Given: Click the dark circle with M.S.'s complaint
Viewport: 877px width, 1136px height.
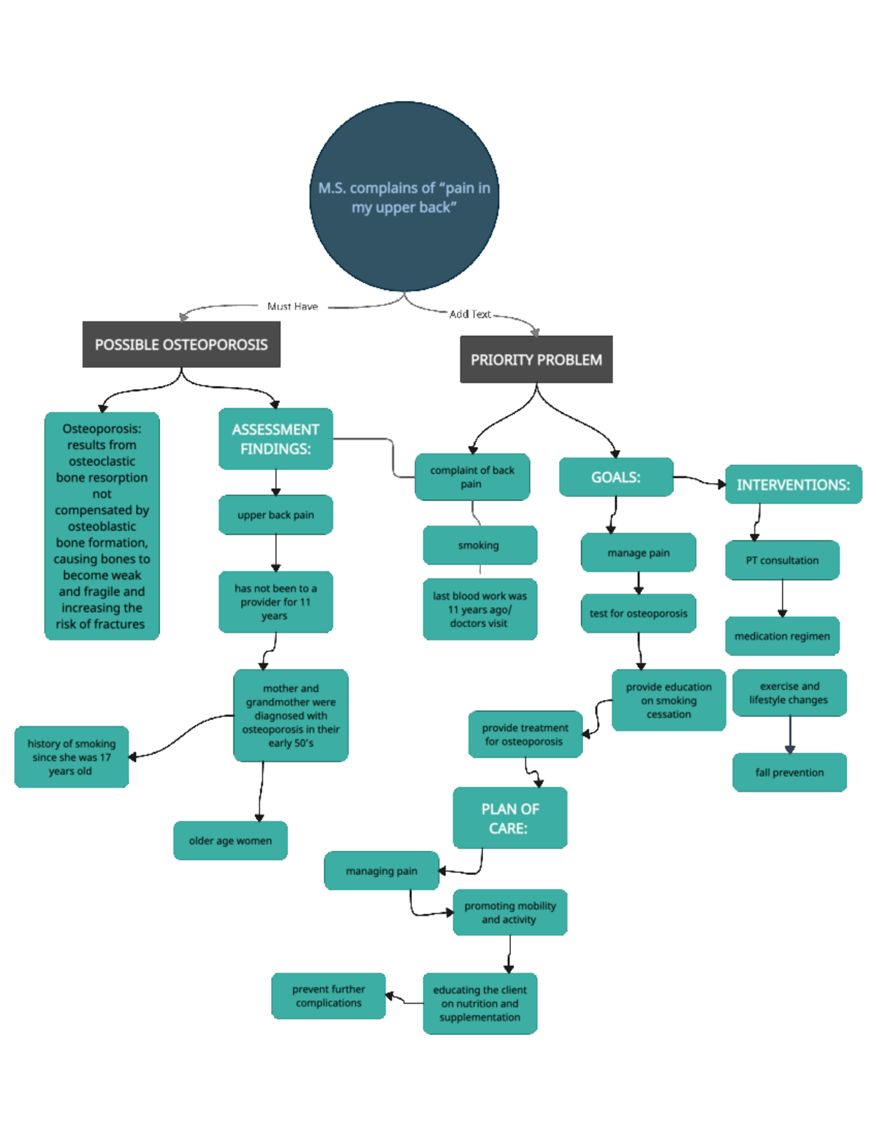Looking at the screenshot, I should coord(404,197).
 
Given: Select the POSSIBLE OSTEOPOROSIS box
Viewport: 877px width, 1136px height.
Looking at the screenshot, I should coord(181,345).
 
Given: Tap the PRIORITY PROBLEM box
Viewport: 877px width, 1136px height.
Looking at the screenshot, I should coord(536,359).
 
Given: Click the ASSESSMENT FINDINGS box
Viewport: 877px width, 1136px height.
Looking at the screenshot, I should coord(276,439).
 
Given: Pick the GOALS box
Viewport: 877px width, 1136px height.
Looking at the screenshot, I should coord(615,477).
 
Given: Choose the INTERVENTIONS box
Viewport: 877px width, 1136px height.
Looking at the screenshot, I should coord(793,484).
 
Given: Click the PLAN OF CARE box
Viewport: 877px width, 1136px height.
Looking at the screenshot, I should coord(509,818).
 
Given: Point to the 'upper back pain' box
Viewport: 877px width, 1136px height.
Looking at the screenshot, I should coord(276,515).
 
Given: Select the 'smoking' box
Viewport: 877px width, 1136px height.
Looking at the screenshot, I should coord(479,545).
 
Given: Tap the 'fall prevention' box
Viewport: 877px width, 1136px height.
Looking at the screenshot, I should coord(789,772).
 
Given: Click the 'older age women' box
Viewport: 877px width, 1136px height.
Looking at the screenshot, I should coord(230,840).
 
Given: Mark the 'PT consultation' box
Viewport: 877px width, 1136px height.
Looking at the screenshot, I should coord(782,560).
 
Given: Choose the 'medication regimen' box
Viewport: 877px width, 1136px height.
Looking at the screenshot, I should coord(782,636).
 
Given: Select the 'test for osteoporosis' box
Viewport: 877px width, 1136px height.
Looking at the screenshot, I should coord(638,613).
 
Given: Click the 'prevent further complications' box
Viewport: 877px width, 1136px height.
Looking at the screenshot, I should coord(328,996).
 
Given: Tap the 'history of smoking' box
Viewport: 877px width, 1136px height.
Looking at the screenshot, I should coord(72,757).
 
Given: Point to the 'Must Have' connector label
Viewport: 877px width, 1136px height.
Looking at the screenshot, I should coord(292,306).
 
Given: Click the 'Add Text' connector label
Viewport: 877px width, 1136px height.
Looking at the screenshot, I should coord(470,314).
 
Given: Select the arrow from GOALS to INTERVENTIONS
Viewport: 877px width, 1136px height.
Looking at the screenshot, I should coord(699,480).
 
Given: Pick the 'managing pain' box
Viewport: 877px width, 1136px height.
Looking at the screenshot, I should coord(381,870).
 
